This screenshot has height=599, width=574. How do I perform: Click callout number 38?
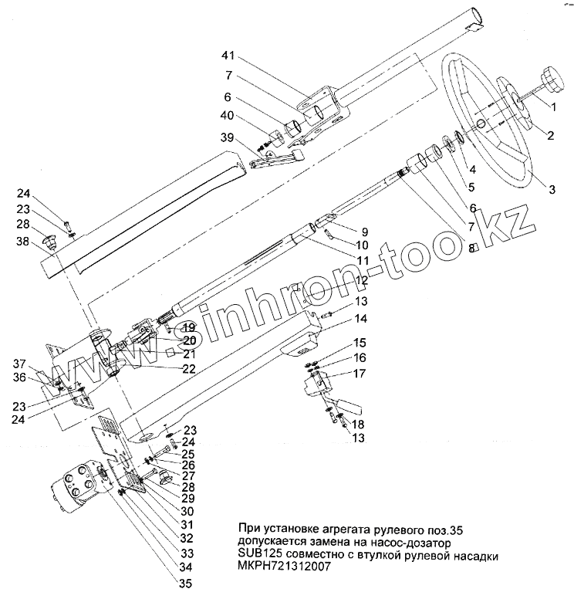pyautogui.click(x=24, y=242)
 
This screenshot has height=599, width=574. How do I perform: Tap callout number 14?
pyautogui.click(x=339, y=319)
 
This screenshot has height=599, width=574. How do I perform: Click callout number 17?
pyautogui.click(x=339, y=374)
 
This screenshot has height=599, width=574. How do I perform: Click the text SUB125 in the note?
pyautogui.click(x=261, y=556)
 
